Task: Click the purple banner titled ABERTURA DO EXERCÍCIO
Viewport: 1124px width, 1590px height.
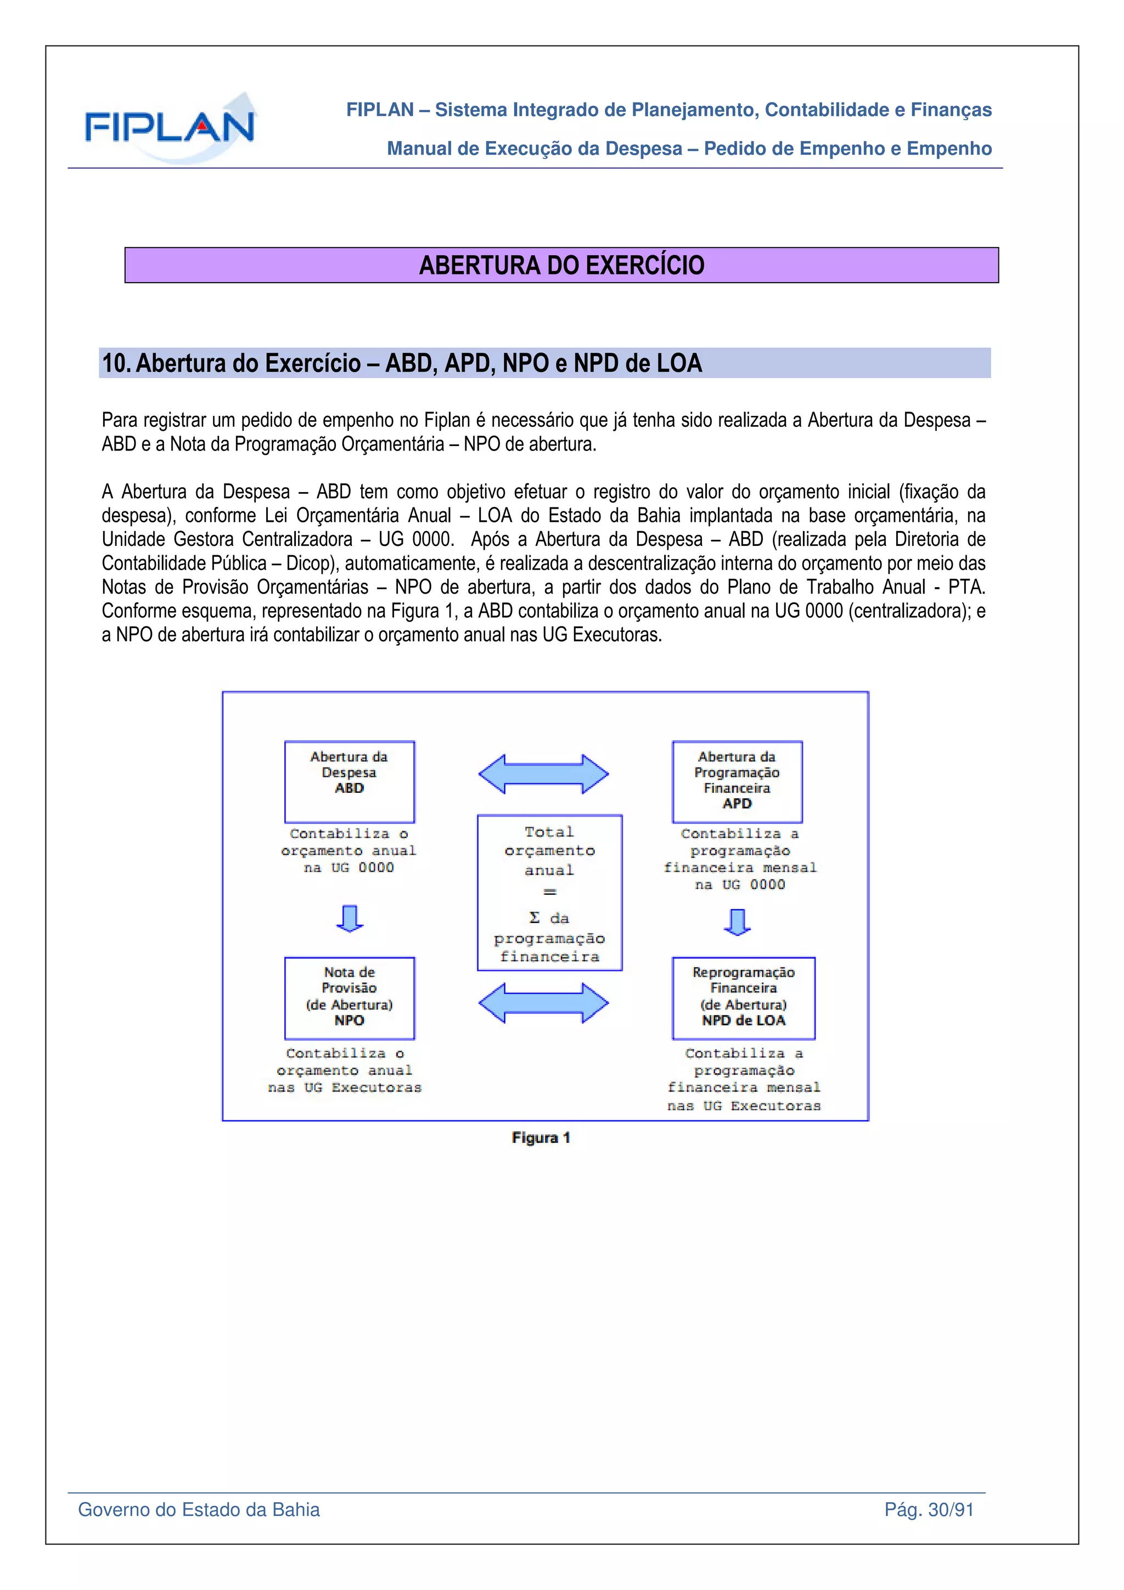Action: [x=561, y=265]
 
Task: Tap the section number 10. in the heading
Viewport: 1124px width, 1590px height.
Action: [x=116, y=364]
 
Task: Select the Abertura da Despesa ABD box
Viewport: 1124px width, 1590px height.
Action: [x=349, y=781]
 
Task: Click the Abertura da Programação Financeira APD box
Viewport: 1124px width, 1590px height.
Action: [x=737, y=781]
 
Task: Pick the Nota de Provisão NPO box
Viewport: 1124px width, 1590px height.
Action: [x=349, y=998]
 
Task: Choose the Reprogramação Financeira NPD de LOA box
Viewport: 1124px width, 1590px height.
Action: [x=743, y=998]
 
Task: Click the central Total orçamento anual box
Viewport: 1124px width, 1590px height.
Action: [x=549, y=892]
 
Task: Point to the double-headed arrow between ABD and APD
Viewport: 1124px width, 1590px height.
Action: [x=544, y=774]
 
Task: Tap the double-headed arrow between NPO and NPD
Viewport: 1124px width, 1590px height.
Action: [x=544, y=1003]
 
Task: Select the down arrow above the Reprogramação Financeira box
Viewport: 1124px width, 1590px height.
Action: [x=737, y=922]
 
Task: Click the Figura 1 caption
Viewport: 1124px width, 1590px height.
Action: [x=541, y=1138]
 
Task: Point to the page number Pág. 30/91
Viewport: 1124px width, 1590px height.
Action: [x=929, y=1510]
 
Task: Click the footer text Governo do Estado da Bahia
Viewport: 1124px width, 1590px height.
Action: [x=199, y=1510]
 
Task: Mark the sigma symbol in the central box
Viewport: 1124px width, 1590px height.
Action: [x=534, y=917]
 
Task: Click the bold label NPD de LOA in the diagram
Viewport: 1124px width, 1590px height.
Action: [x=743, y=1020]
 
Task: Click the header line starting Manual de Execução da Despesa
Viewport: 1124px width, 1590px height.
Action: [x=689, y=149]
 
